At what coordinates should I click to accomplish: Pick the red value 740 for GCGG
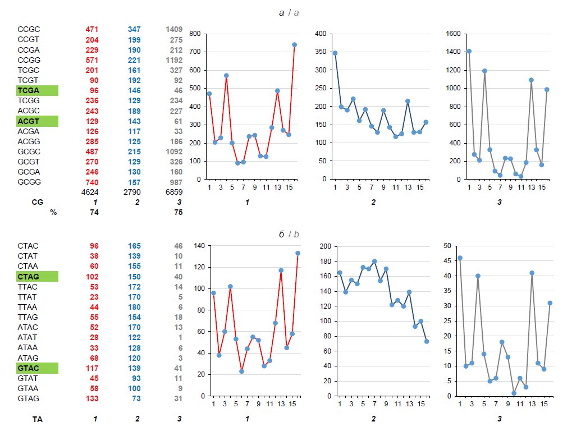point(92,182)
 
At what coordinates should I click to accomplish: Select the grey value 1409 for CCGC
point(174,29)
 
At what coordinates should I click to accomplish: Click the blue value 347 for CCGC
point(134,29)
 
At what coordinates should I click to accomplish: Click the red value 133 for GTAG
point(92,398)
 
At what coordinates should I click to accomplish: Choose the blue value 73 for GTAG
point(136,398)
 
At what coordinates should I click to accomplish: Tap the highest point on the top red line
point(294,44)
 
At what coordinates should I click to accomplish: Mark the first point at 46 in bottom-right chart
point(460,258)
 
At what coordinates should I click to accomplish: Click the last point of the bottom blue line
point(426,341)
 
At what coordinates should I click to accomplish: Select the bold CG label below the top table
point(38,202)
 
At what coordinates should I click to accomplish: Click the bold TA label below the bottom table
point(38,419)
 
